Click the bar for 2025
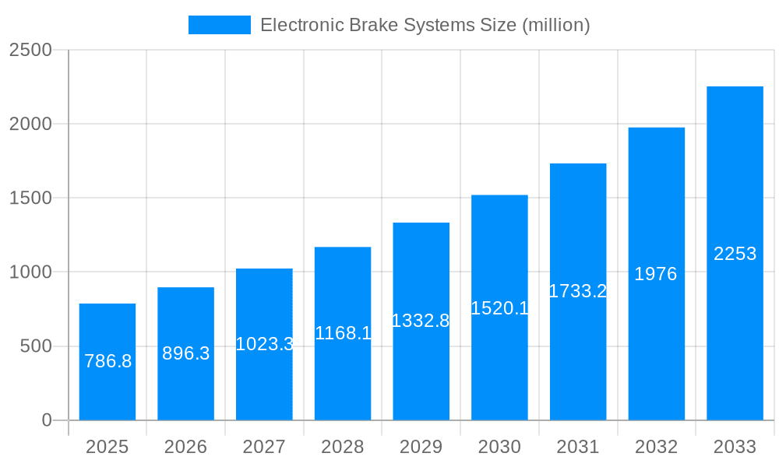coord(108,362)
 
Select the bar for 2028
coord(343,334)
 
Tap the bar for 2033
coord(735,253)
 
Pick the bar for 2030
coord(499,307)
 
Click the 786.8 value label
coord(108,361)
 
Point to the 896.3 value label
coord(186,353)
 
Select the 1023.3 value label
coord(264,344)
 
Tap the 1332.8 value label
coord(421,321)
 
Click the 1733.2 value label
coord(578,291)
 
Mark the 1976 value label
coord(656,274)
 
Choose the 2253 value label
coord(735,254)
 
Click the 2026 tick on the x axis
coord(186,447)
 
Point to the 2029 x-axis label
coord(421,447)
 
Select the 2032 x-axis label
coord(656,447)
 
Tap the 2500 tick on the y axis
coord(30,50)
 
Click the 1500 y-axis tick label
coord(30,198)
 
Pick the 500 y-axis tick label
coord(36,346)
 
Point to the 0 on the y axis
coord(46,420)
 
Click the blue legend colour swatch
coord(220,25)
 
